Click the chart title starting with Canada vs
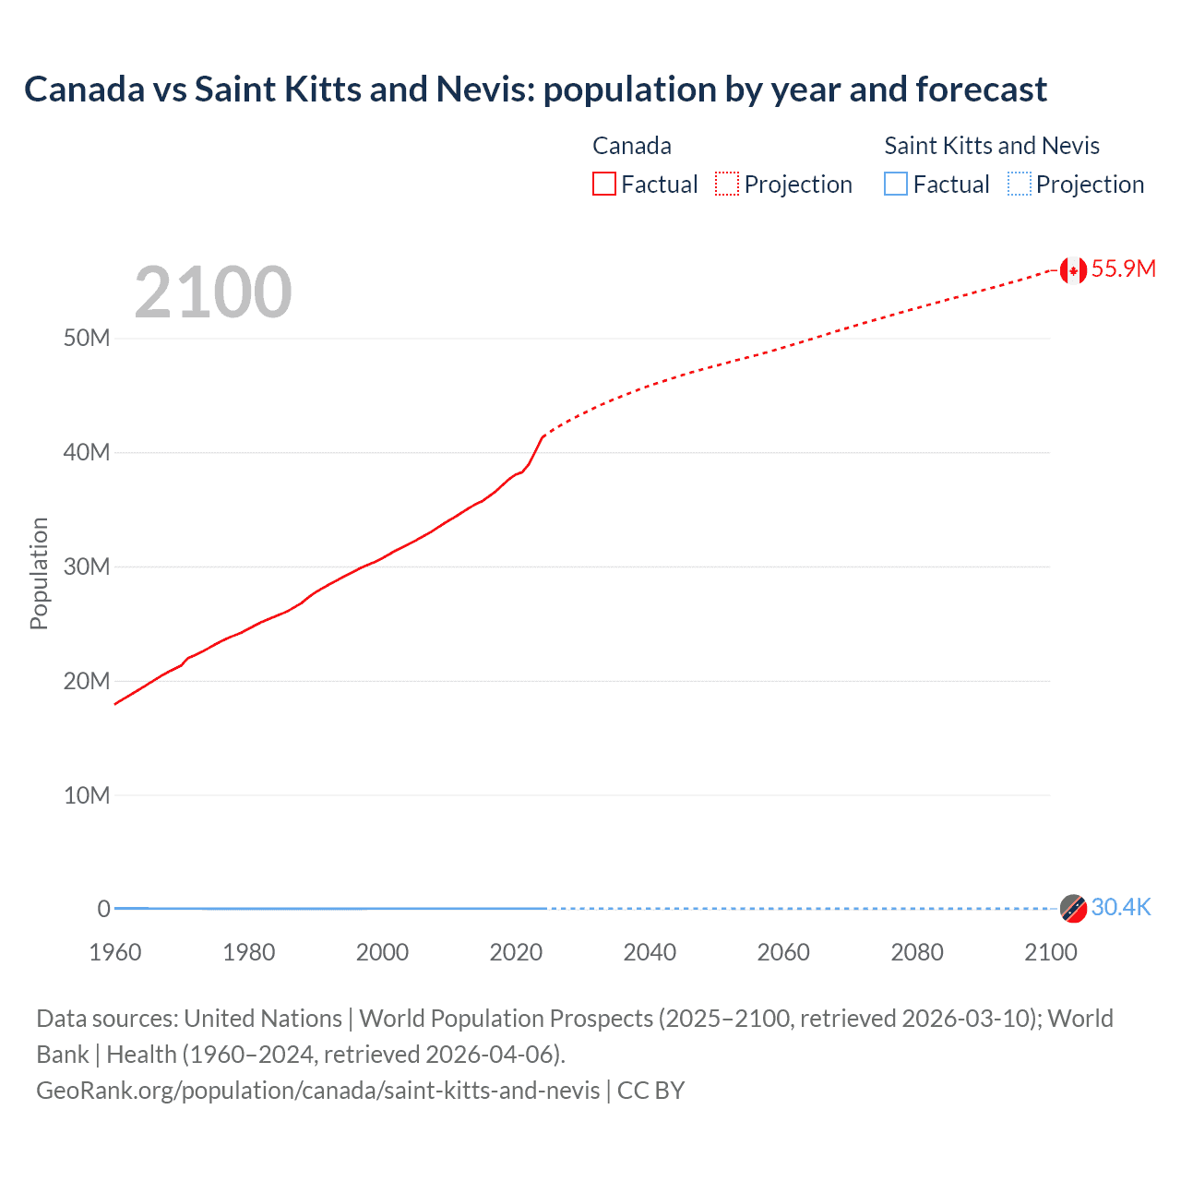click(x=535, y=89)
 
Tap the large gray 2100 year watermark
click(x=213, y=292)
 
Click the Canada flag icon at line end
click(x=1072, y=270)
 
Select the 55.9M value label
click(x=1123, y=268)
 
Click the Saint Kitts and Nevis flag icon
click(x=1072, y=908)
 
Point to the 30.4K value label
click(x=1121, y=907)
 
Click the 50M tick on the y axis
click(x=87, y=338)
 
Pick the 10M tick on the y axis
click(x=87, y=795)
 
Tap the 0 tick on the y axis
click(x=103, y=909)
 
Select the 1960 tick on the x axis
click(x=115, y=952)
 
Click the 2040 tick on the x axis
click(x=650, y=952)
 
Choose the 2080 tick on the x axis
click(x=917, y=952)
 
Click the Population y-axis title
click(x=39, y=573)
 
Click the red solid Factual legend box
click(x=604, y=185)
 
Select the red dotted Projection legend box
click(x=727, y=185)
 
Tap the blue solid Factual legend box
click(x=896, y=185)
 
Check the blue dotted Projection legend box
click(x=1019, y=185)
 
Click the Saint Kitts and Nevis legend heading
click(x=992, y=146)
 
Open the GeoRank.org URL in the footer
click(x=318, y=1090)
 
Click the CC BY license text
click(x=650, y=1090)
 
